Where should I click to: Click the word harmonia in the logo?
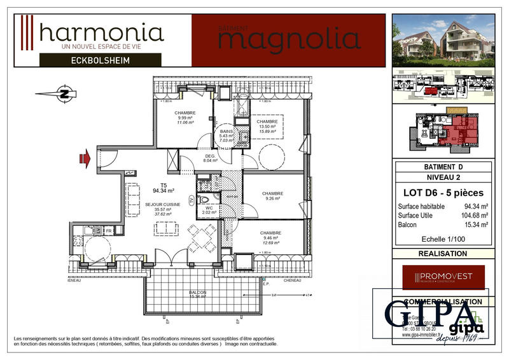point(101,32)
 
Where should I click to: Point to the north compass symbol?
point(64,93)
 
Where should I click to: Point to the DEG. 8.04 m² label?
point(210,159)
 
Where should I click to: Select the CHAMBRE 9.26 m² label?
point(272,196)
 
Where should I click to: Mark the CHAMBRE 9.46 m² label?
point(271,237)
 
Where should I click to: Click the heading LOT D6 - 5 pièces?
point(443,193)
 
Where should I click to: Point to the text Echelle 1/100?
point(443,240)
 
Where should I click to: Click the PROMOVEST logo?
point(443,277)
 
